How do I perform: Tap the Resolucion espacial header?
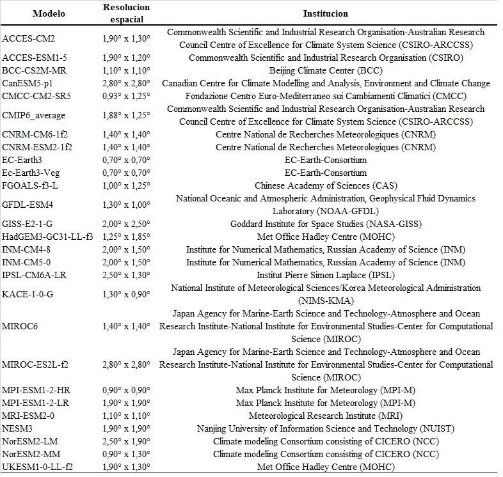pyautogui.click(x=126, y=12)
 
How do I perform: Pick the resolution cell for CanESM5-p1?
pyautogui.click(x=126, y=83)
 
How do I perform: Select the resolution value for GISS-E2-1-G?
pyautogui.click(x=126, y=224)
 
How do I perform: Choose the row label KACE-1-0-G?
pyautogui.click(x=28, y=294)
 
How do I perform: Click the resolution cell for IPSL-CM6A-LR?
pyautogui.click(x=126, y=275)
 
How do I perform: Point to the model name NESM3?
pyautogui.click(x=17, y=428)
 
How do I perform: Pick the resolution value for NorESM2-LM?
pyautogui.click(x=126, y=441)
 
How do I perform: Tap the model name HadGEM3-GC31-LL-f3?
pyautogui.click(x=47, y=237)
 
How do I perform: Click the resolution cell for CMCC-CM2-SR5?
pyautogui.click(x=126, y=96)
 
